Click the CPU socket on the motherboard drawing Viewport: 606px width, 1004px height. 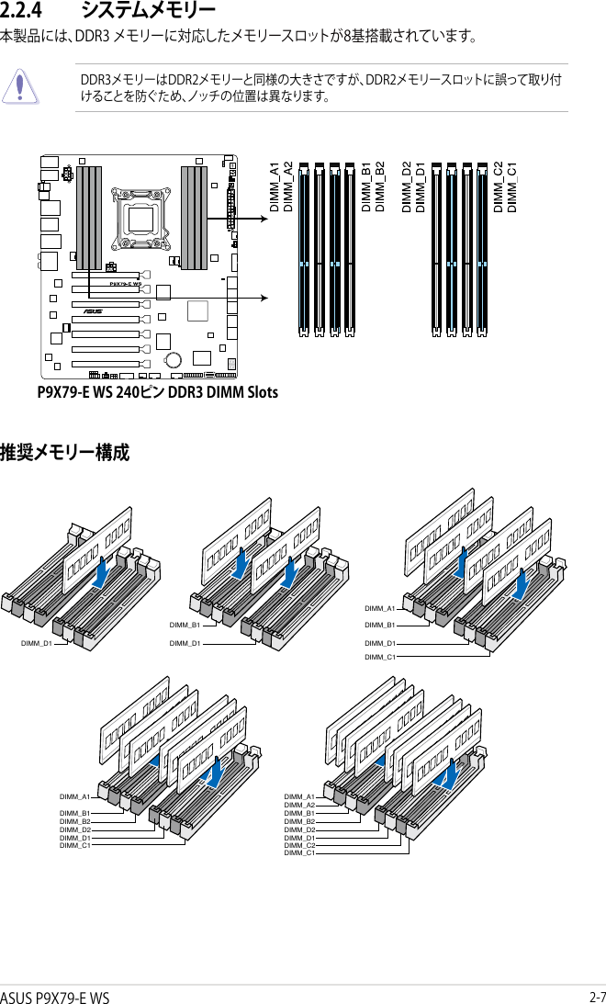(140, 218)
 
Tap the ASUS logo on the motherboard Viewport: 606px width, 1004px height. (92, 310)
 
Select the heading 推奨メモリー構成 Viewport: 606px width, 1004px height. (65, 453)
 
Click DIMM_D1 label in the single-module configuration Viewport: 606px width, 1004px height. (37, 643)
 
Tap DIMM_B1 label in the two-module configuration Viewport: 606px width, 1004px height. (185, 625)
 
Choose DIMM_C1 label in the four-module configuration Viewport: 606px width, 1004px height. (379, 657)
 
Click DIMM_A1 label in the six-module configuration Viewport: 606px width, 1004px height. (74, 796)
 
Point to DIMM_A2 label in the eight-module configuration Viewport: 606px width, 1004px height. (299, 805)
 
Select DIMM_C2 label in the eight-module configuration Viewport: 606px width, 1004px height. (299, 845)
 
